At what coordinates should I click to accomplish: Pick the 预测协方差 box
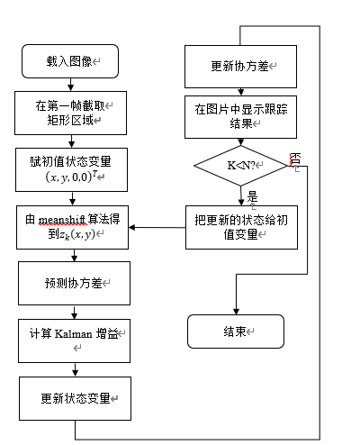point(69,283)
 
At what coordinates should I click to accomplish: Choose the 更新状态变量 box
point(69,397)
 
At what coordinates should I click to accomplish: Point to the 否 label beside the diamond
point(294,159)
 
